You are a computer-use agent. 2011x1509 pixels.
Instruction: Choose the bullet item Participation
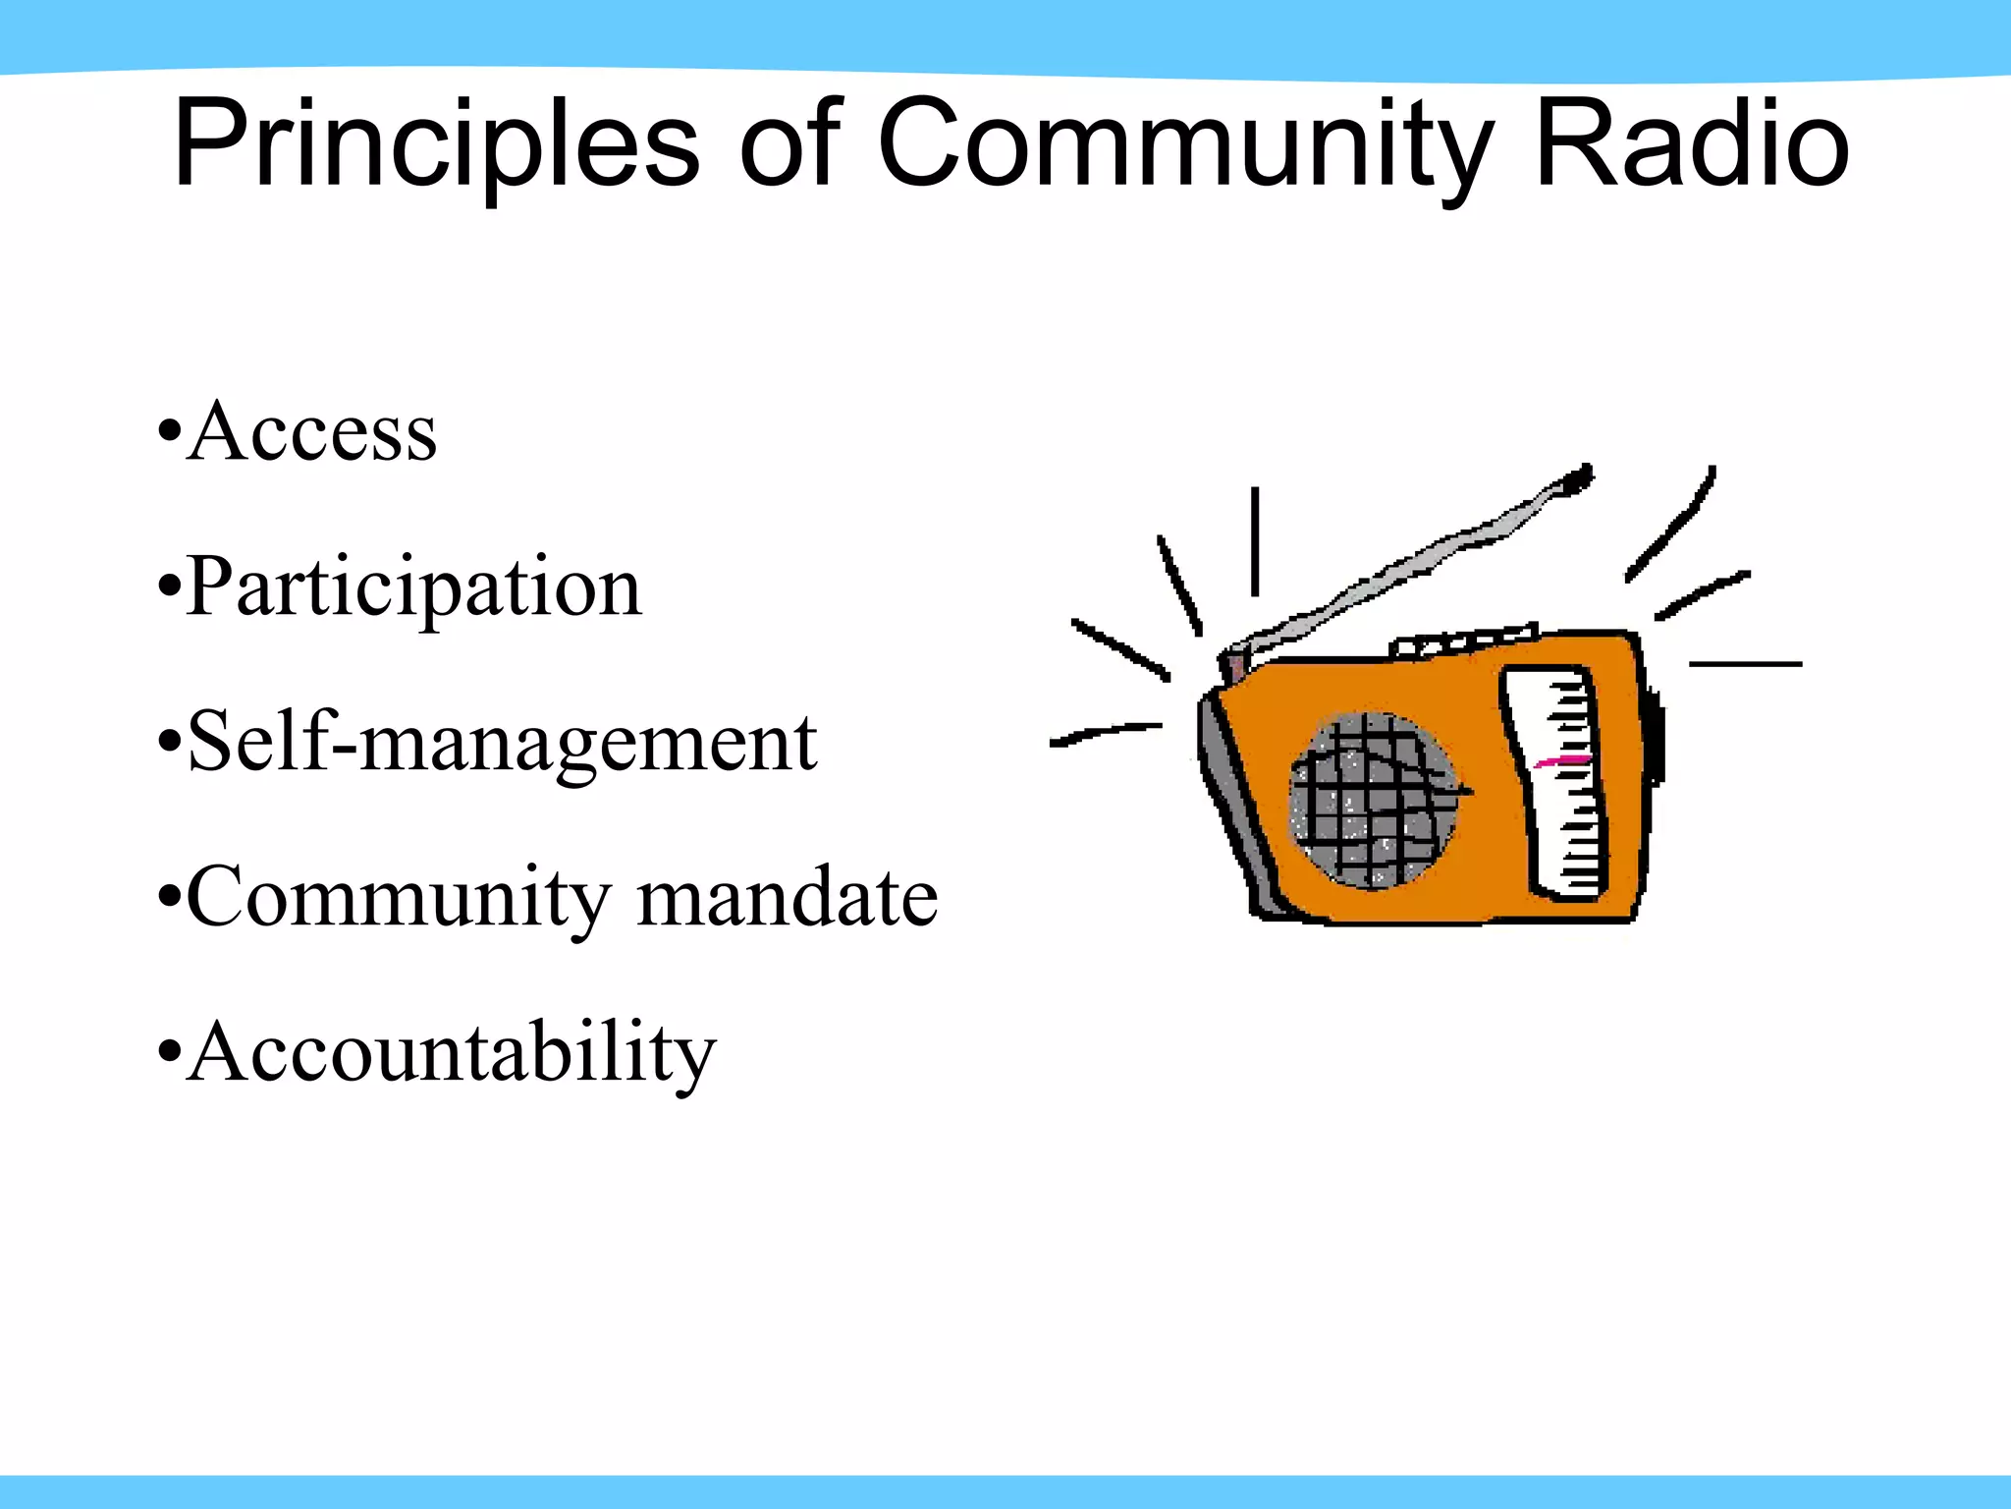coord(413,587)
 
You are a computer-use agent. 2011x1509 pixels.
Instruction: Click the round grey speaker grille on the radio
coord(1373,800)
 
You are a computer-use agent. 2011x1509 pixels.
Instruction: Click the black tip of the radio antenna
coord(1578,478)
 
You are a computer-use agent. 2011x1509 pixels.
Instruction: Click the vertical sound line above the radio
coord(1254,541)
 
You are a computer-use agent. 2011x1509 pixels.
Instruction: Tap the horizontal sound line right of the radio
coord(1745,664)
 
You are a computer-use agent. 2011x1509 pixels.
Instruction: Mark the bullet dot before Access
coord(169,432)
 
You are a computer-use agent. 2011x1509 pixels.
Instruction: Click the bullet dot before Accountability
coord(169,1053)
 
